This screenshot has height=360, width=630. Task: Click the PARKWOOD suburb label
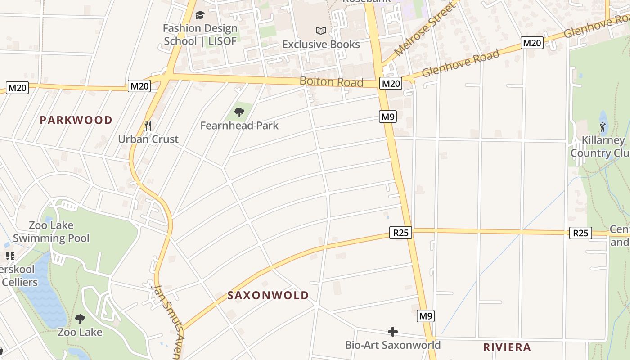(x=76, y=120)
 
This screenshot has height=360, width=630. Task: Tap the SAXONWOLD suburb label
(x=268, y=295)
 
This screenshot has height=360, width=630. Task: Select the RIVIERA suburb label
(x=507, y=347)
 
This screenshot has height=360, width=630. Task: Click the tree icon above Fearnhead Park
(x=239, y=112)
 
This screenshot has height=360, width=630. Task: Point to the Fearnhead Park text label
(x=239, y=126)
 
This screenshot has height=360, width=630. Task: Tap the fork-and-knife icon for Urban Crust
(x=148, y=126)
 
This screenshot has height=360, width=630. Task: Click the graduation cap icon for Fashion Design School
(x=200, y=15)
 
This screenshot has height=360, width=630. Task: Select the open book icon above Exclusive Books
(x=320, y=31)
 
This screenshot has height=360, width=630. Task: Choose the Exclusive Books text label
(x=321, y=45)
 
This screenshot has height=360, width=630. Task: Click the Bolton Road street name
(x=331, y=82)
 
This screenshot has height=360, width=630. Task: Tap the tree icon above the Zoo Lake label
(x=80, y=319)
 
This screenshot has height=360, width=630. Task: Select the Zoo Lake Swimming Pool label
(x=51, y=232)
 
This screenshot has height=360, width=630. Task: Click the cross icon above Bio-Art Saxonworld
(x=393, y=332)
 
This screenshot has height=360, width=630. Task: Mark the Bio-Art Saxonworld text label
(x=393, y=345)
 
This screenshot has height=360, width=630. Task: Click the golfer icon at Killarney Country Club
(x=603, y=127)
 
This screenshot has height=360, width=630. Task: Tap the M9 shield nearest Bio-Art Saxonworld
(x=426, y=316)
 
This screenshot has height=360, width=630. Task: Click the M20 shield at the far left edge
(x=18, y=88)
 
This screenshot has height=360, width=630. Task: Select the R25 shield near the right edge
(x=580, y=233)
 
